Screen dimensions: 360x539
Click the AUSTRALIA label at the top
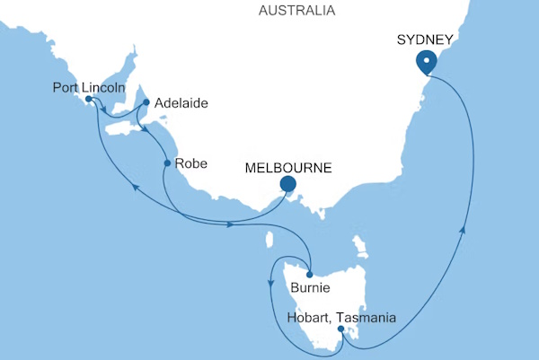click(296, 11)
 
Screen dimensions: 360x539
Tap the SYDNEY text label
click(425, 39)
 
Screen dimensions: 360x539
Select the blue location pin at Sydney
click(426, 61)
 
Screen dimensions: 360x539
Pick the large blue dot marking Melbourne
click(287, 185)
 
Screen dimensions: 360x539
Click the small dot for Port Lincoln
click(89, 100)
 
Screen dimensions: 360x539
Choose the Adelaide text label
click(181, 103)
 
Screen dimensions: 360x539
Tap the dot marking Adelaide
click(146, 102)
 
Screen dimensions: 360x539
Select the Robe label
click(191, 163)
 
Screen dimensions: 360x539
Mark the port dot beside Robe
click(167, 163)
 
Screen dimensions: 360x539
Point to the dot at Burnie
click(308, 275)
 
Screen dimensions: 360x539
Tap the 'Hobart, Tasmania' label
click(340, 316)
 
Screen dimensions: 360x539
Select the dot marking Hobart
click(340, 329)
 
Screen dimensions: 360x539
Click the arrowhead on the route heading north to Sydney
click(464, 232)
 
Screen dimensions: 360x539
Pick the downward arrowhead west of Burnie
click(270, 283)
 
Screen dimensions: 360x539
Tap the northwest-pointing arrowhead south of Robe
click(135, 186)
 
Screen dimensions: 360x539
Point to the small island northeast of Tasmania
click(361, 244)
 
